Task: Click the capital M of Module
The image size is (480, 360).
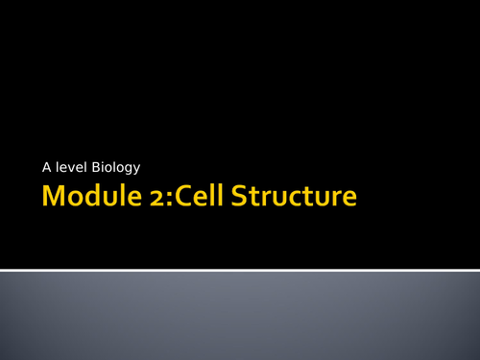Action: tap(53, 199)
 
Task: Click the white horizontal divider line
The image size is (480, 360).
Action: tap(240, 270)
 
